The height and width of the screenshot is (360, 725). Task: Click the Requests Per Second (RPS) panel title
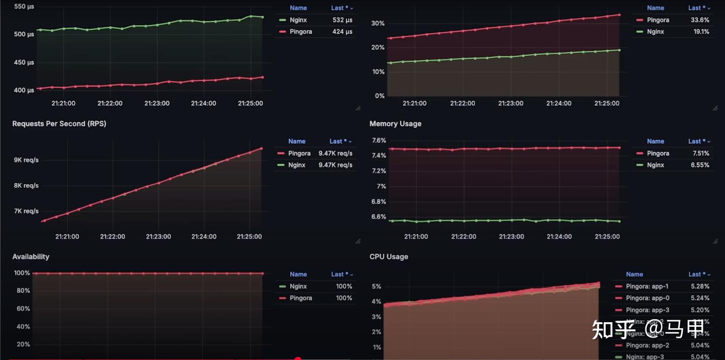coord(59,124)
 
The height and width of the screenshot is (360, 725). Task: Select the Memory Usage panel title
coord(395,124)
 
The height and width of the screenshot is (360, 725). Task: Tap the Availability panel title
coord(31,257)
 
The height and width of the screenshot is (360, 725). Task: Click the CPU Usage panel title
coord(389,257)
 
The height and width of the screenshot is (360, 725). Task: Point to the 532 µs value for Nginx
coord(342,20)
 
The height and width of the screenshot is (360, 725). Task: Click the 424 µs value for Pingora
coord(342,32)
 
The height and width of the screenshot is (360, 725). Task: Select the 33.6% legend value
coord(700,20)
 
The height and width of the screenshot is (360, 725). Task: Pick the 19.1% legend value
coord(701,32)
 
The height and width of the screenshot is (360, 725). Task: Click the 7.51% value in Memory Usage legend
coord(700,154)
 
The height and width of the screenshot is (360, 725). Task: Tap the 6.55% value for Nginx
coord(700,165)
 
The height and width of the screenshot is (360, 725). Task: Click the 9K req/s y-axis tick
coord(26,160)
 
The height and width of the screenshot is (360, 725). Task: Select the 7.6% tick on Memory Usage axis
coord(378,140)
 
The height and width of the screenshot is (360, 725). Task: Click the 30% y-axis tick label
coord(378,24)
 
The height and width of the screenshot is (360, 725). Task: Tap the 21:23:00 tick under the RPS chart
coord(159,237)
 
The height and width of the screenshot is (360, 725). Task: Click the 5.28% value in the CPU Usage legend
coord(700,286)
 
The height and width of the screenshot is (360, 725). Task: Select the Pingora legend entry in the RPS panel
coord(299,154)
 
